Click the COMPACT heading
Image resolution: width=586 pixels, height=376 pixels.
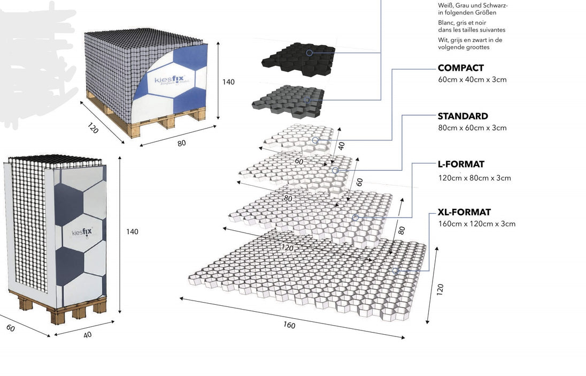pyautogui.click(x=460, y=68)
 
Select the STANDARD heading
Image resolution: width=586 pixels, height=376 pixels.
pyautogui.click(x=462, y=116)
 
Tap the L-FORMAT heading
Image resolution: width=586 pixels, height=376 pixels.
pyautogui.click(x=461, y=164)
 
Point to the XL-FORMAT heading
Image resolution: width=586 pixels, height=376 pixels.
pyautogui.click(x=464, y=213)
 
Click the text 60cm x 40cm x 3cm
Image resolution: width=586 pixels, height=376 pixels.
pyautogui.click(x=472, y=80)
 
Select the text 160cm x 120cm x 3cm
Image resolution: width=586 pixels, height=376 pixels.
pyautogui.click(x=476, y=224)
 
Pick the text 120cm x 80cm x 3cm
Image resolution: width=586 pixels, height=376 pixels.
pyautogui.click(x=474, y=178)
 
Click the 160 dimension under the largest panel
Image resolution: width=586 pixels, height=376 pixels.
pyautogui.click(x=289, y=325)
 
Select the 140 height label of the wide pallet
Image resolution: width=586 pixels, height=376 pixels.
pyautogui.click(x=228, y=82)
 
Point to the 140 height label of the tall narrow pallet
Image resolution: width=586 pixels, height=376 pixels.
pyautogui.click(x=132, y=231)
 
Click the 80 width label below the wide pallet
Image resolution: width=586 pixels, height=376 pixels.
pyautogui.click(x=182, y=144)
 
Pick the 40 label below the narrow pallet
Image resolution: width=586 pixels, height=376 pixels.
pyautogui.click(x=87, y=335)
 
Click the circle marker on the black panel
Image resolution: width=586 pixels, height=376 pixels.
pyautogui.click(x=309, y=52)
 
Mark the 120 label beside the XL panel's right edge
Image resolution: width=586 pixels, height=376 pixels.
pyautogui.click(x=440, y=289)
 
